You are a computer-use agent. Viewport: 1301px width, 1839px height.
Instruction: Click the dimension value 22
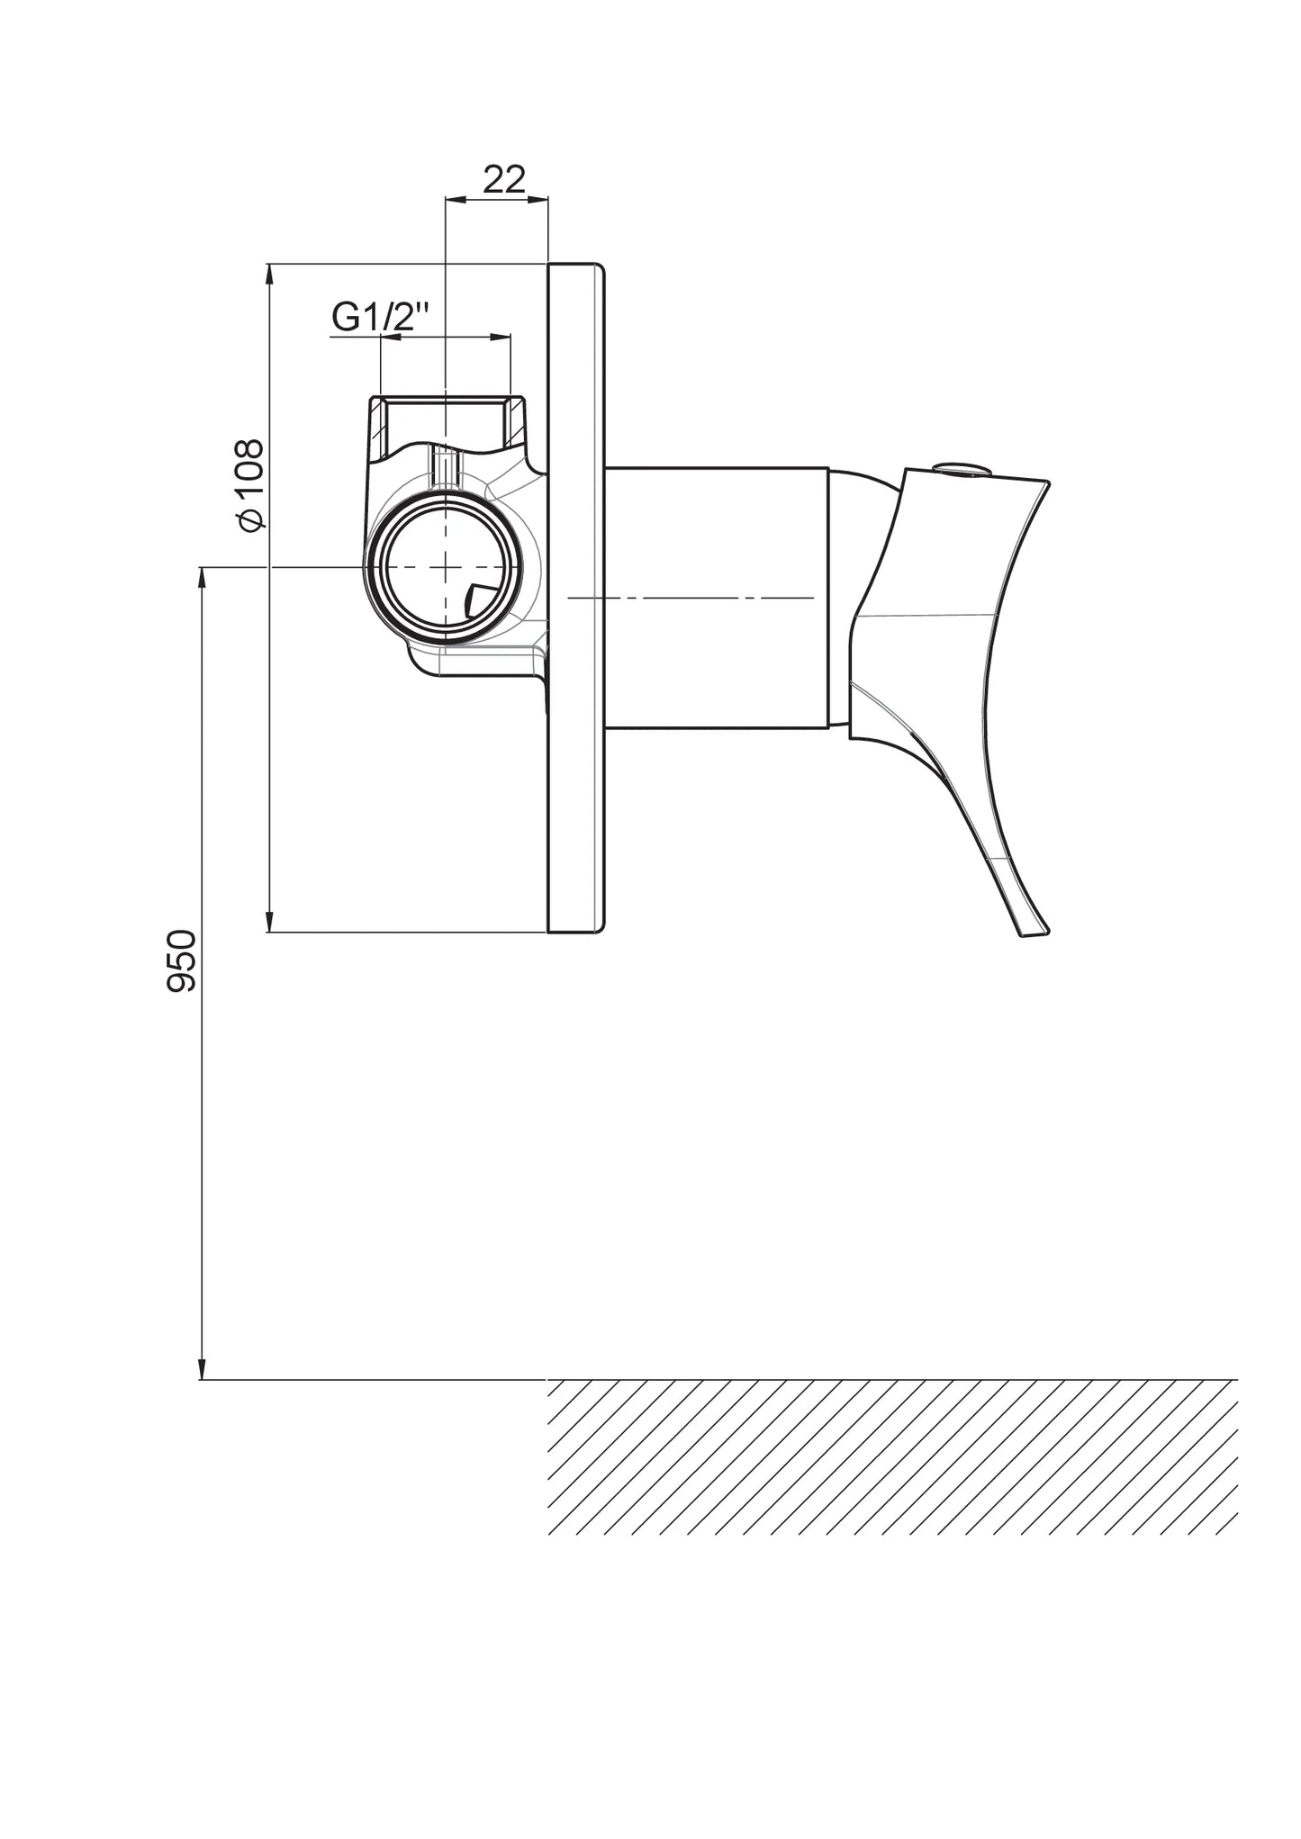[x=504, y=180]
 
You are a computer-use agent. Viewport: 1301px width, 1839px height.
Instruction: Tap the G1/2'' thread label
[x=381, y=317]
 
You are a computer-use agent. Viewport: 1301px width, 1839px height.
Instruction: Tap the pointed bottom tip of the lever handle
[x=1035, y=934]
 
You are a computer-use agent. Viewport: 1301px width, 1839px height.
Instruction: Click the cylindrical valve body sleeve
[x=717, y=597]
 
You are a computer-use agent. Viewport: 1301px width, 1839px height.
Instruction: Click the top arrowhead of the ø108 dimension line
[x=269, y=275]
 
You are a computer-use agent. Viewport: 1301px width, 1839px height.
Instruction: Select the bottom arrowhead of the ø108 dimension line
[x=269, y=921]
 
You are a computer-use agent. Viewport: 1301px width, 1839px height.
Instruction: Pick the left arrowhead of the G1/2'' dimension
[x=392, y=337]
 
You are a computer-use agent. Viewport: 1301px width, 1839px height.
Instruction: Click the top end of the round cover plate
[x=576, y=264]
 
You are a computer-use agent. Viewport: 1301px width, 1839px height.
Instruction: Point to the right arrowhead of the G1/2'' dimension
[x=500, y=337]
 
